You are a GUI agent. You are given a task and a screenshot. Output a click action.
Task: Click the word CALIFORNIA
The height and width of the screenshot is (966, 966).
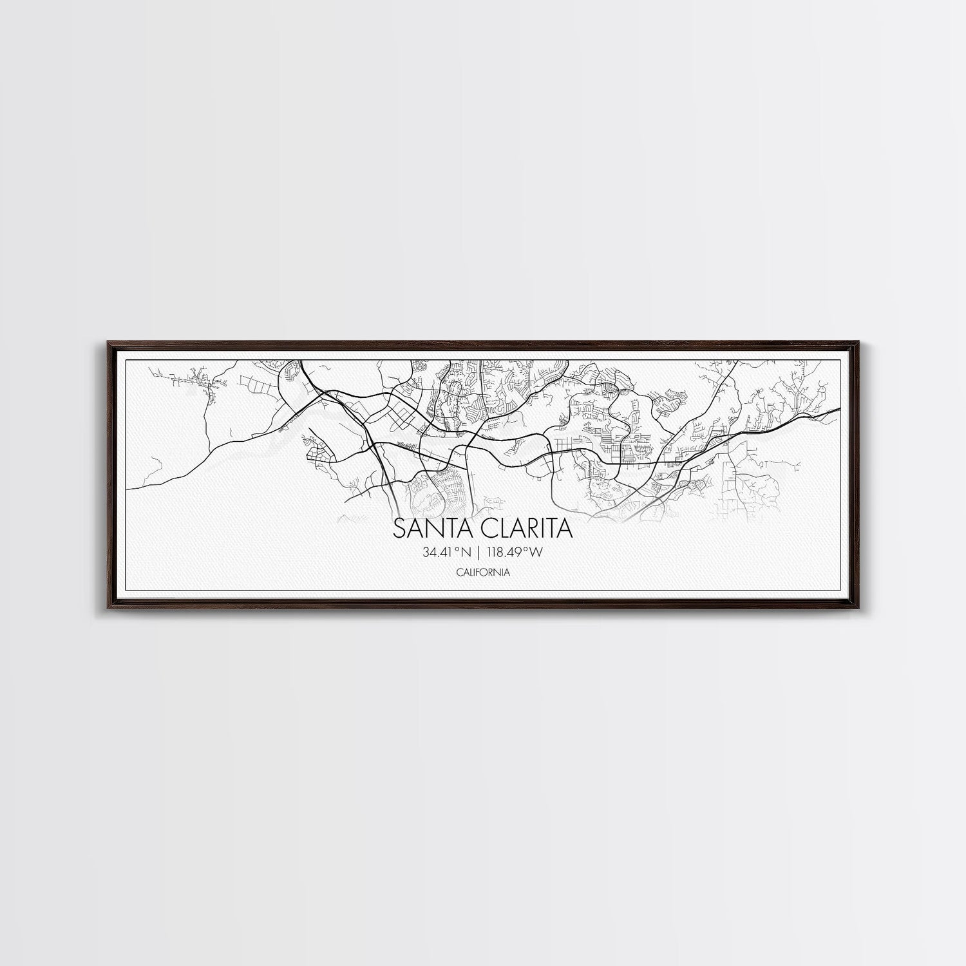[482, 572]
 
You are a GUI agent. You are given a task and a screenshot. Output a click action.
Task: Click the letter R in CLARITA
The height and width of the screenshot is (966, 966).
[530, 529]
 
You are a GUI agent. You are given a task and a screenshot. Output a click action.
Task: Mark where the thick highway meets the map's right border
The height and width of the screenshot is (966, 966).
[838, 408]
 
